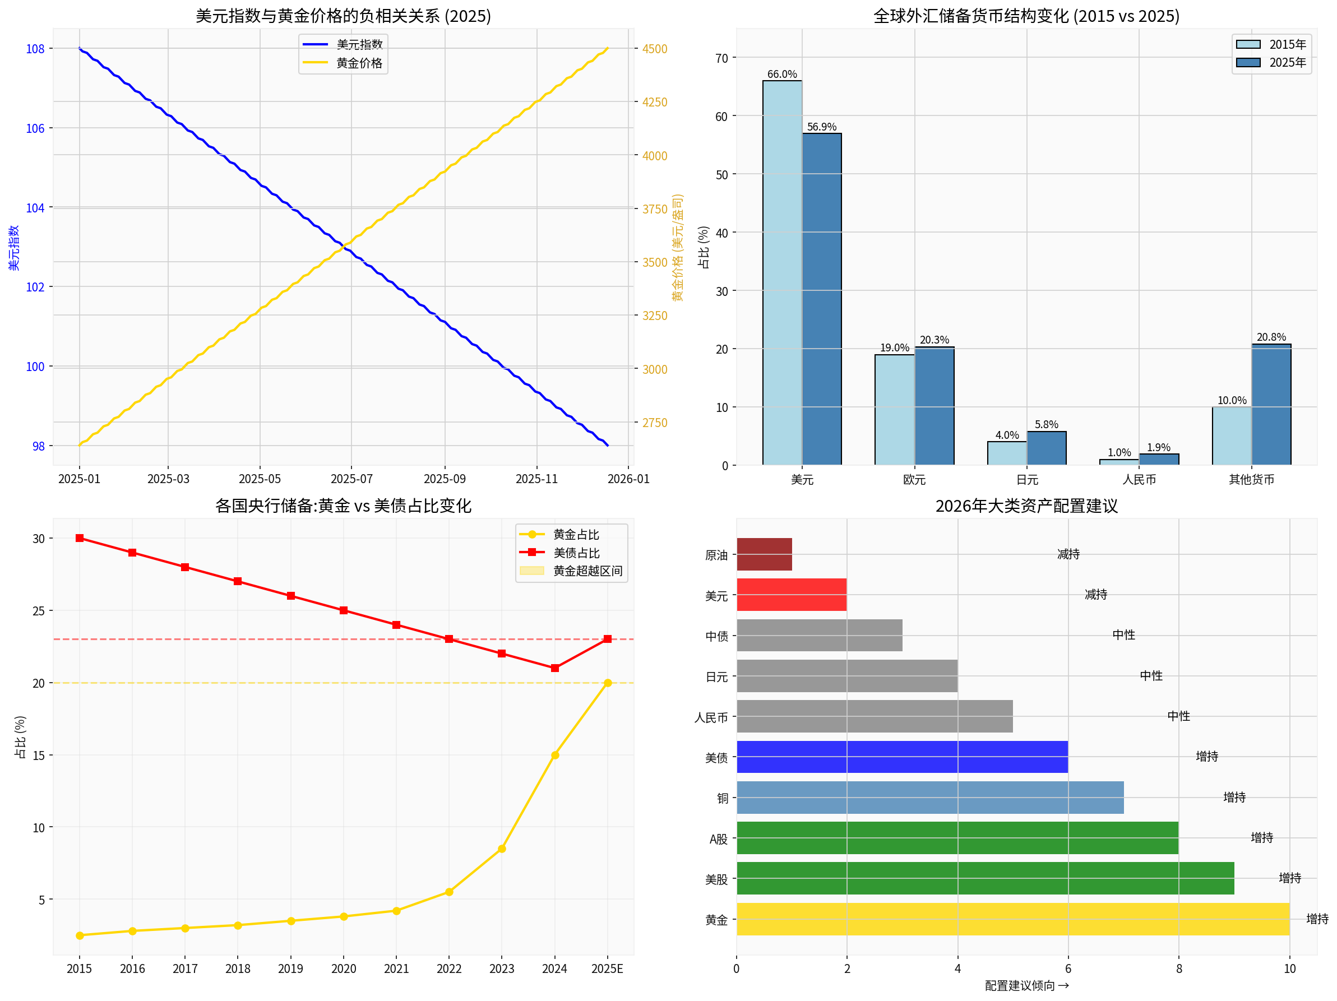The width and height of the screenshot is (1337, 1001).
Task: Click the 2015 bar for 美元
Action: coord(782,272)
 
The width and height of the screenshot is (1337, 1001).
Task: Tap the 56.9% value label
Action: coord(821,127)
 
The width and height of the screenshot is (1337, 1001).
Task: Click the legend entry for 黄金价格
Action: coord(358,63)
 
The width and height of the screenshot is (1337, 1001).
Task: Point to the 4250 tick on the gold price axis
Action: coord(655,102)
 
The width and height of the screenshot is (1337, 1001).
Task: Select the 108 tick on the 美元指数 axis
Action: coord(35,49)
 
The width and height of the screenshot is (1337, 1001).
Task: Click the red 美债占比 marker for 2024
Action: coord(555,668)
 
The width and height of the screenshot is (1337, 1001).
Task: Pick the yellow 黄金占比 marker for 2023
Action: coord(502,849)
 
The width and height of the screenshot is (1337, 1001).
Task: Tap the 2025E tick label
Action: coord(607,969)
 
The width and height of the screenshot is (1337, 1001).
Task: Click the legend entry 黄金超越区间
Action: coord(587,571)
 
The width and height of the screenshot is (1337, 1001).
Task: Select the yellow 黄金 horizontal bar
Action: coord(1012,919)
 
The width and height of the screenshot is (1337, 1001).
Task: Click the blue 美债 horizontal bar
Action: coord(902,757)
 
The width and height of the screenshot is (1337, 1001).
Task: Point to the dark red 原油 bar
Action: coord(764,554)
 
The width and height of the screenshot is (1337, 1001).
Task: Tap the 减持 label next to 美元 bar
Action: coord(1095,595)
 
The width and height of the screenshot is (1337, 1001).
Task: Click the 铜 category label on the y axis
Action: coord(722,799)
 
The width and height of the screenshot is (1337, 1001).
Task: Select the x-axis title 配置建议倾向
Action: coord(1026,986)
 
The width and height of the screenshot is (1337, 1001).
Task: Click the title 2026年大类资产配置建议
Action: coord(1026,506)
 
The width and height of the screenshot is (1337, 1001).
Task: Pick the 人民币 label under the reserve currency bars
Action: coord(1139,480)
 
